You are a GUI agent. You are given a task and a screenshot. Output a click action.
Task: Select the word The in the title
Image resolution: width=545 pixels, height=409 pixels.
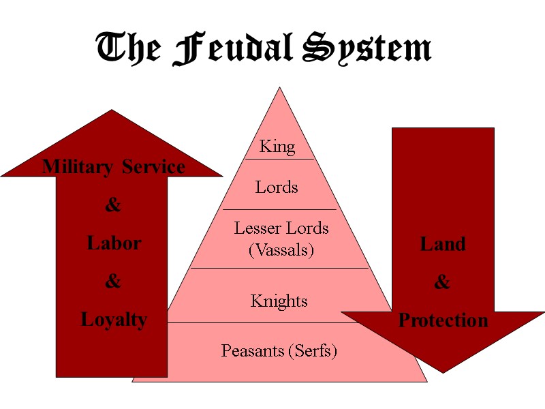tap(127, 50)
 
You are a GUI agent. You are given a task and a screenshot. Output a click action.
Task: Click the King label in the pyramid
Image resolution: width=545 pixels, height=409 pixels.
tap(278, 147)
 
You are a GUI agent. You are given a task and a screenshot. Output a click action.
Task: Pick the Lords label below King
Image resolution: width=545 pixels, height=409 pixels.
tap(277, 187)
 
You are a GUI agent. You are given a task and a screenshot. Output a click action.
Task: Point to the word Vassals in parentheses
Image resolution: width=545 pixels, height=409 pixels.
tap(281, 250)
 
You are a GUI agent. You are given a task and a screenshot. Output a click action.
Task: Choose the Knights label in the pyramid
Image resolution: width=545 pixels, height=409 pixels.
tap(279, 301)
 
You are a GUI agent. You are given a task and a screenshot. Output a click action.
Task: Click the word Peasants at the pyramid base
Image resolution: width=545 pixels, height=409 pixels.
tap(251, 351)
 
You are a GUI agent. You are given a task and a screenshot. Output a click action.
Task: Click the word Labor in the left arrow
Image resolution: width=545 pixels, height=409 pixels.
tap(114, 243)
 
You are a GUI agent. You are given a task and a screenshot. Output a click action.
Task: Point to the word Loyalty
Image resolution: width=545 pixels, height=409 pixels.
tap(114, 319)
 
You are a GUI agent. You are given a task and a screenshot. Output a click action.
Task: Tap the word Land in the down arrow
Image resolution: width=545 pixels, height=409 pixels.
tap(443, 244)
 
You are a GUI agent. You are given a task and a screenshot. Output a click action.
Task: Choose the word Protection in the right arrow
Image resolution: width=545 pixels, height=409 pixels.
tap(443, 320)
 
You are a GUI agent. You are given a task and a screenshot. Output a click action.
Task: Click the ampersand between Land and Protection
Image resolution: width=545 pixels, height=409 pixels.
tap(442, 282)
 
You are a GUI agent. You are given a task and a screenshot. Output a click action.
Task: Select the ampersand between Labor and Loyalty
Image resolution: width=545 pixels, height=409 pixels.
tap(113, 281)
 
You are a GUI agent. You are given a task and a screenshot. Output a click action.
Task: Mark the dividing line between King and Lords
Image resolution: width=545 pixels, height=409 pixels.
tap(279, 159)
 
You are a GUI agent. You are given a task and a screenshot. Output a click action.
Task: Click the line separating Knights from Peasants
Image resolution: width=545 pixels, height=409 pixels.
tap(279, 322)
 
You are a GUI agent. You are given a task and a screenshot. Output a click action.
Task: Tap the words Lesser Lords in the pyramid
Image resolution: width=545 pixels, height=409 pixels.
tap(281, 228)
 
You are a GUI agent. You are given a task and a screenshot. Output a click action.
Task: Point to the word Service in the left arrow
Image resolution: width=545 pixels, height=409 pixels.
tap(153, 167)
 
